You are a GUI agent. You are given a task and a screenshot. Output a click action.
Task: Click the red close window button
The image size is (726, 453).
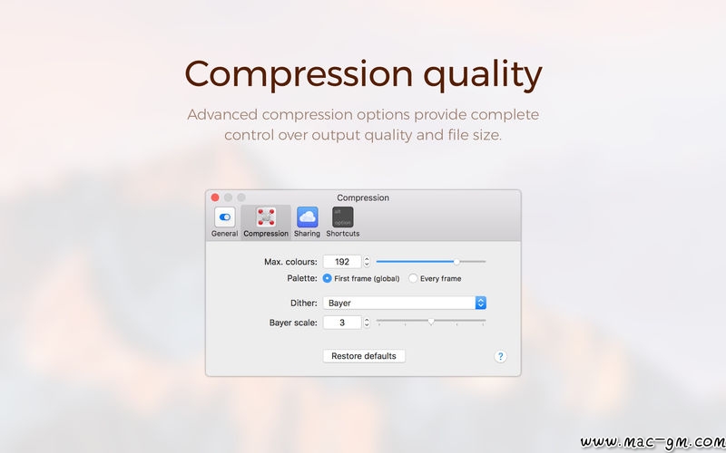point(215,198)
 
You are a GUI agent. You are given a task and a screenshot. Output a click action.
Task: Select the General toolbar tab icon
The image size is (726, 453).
point(224,217)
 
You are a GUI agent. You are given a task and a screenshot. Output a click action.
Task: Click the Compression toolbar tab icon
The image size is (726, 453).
point(266,217)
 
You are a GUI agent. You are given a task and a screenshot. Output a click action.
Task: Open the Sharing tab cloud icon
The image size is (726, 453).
point(307,217)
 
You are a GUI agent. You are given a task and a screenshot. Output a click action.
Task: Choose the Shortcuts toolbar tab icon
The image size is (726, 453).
point(343,217)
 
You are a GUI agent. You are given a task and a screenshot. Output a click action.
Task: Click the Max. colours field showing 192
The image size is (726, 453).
point(342,262)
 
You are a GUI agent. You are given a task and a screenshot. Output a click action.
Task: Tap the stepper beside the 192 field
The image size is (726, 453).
point(367,262)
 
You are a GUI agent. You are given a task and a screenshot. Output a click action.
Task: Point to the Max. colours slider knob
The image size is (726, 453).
point(456,262)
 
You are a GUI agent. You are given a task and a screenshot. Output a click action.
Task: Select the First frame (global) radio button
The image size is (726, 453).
point(328,278)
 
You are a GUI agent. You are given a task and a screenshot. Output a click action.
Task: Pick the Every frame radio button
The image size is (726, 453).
point(413,278)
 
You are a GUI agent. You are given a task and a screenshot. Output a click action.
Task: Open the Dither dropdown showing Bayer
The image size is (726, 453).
point(404,303)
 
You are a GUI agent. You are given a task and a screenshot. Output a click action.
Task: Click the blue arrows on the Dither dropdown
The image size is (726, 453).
point(481,303)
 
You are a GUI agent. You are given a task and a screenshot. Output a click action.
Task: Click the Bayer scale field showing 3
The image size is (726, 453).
point(342,323)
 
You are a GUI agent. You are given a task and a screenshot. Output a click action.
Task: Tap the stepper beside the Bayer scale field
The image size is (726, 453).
point(367,323)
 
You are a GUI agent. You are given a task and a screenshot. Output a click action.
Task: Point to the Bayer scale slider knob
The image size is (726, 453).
point(431,322)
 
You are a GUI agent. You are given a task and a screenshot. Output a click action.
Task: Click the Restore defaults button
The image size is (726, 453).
point(364,356)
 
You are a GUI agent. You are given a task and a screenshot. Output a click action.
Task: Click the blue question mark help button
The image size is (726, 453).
point(500,356)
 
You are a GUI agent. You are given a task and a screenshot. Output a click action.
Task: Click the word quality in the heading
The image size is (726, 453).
point(483,74)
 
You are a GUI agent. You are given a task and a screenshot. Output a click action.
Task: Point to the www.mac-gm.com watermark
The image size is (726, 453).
point(652,443)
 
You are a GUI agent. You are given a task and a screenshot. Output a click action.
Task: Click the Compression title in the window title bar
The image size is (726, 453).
point(363,198)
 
